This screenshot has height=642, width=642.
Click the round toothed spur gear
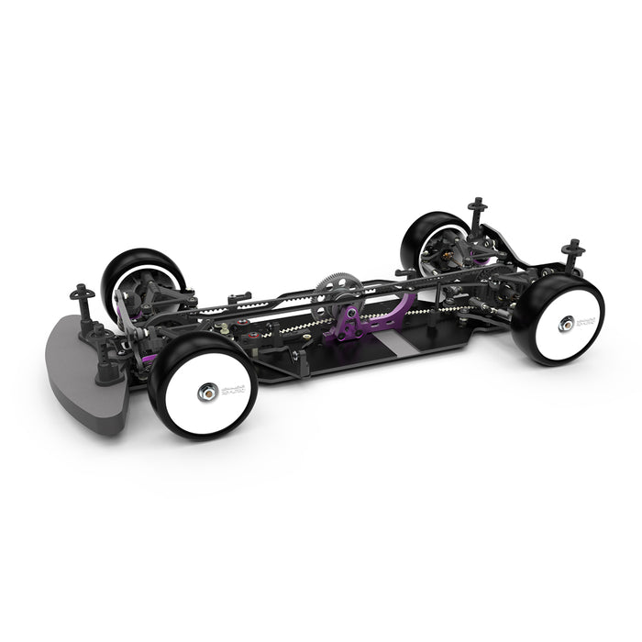334,284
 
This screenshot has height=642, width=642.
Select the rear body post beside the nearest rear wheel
573,252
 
